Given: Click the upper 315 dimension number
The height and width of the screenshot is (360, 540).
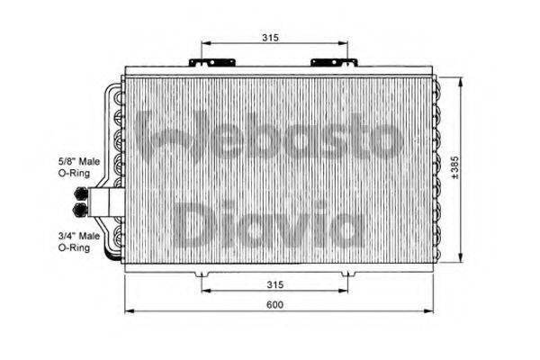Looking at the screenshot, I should (x=271, y=37).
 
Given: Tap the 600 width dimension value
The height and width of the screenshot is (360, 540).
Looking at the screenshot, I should (x=275, y=304).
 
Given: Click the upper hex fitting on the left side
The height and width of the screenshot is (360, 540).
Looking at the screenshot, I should (x=82, y=194).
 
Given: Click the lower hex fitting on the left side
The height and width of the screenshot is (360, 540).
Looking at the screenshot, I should (x=82, y=209).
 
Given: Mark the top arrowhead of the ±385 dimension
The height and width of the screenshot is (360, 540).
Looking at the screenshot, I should (x=462, y=78).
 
